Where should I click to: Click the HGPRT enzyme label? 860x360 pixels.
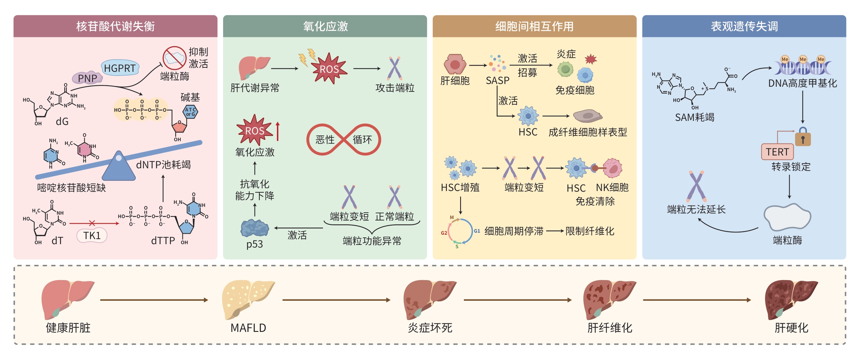click(120, 68)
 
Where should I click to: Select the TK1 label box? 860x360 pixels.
click(92, 235)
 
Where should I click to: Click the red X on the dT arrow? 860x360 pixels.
click(92, 223)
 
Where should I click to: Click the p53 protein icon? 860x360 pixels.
click(255, 228)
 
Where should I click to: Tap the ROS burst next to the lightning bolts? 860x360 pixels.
click(329, 69)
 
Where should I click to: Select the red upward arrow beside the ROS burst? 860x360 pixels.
click(278, 131)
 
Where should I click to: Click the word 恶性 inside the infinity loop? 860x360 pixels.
click(325, 140)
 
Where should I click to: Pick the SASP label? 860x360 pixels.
click(497, 81)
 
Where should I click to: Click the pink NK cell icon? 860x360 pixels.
click(612, 168)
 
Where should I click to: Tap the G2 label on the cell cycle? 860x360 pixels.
click(444, 233)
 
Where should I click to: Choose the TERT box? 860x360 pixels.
click(777, 152)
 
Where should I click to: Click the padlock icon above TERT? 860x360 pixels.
click(803, 137)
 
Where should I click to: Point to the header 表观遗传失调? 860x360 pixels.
click(744, 26)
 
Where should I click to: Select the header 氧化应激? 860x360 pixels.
click(325, 26)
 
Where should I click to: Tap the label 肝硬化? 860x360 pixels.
click(791, 328)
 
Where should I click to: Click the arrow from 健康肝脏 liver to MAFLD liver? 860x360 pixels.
click(154, 300)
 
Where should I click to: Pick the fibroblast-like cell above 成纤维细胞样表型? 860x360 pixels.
click(587, 116)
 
